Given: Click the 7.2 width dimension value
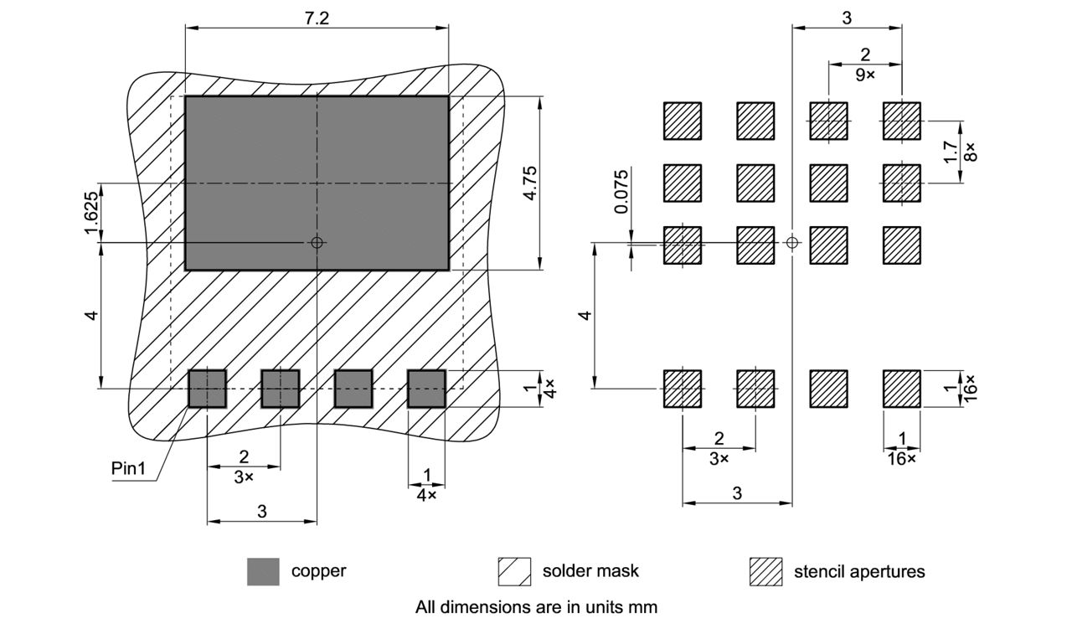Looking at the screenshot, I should pos(317,18).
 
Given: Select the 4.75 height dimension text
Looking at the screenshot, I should pos(529,183).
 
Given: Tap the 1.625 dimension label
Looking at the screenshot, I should pos(91,213).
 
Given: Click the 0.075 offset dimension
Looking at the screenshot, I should pos(621,192).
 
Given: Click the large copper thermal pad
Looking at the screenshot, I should pos(317,183).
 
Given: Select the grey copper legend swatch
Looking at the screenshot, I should pos(263,571).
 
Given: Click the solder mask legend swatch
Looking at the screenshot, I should pos(514,571).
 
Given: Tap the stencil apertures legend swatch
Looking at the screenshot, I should pos(765,571).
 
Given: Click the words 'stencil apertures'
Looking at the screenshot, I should pos(859,571).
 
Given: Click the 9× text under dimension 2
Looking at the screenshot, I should pos(865,75).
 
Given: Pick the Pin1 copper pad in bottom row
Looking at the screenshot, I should pos(207,389).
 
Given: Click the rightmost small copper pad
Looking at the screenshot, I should pos(426,389).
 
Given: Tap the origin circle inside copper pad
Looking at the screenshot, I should pos(317,243).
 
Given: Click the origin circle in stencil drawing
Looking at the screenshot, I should pos(792,243).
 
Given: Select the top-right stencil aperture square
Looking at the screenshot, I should pos(902,121).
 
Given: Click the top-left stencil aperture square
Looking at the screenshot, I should pos(683,121).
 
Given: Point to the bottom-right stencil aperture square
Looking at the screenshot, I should pos(902,389).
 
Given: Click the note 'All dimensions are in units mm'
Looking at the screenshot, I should pos(536,606).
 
